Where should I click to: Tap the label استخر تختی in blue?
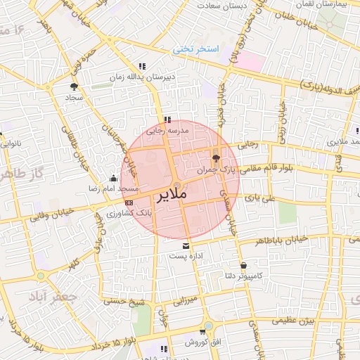(x=196, y=49)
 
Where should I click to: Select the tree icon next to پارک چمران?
(x=216, y=158)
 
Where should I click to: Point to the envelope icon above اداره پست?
(x=186, y=246)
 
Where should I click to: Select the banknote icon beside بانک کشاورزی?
(x=129, y=202)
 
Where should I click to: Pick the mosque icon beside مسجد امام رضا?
(x=115, y=179)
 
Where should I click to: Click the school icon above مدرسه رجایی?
(x=167, y=120)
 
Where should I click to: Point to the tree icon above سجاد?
(x=74, y=86)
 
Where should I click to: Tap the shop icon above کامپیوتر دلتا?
(x=243, y=266)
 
